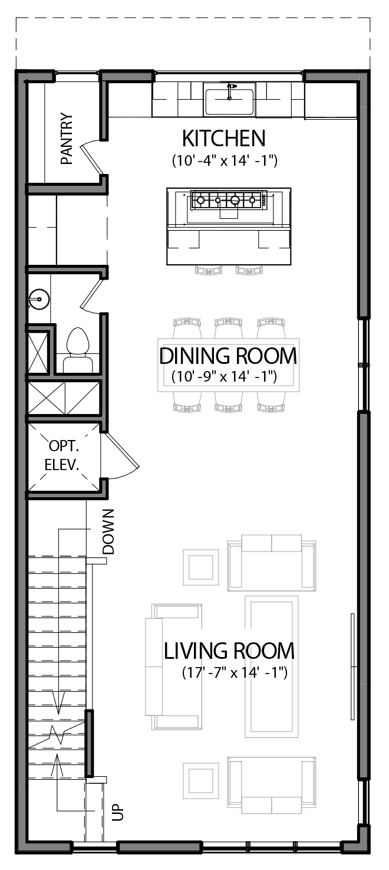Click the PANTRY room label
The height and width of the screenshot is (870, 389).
point(67,139)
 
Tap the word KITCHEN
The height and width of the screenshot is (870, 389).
point(223,139)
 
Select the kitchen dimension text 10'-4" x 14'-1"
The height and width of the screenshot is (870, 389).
point(225,160)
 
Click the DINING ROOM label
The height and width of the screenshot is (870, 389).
point(228,356)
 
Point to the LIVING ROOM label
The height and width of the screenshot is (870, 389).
point(229,651)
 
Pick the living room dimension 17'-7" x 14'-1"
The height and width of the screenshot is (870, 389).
point(234,673)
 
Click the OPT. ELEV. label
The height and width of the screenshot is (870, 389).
point(62,455)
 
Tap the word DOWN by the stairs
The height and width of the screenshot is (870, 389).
point(108,532)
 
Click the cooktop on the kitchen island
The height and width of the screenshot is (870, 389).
point(228,201)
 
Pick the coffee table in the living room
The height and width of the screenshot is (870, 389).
point(271,665)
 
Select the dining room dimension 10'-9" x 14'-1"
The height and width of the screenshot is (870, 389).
point(225,376)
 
